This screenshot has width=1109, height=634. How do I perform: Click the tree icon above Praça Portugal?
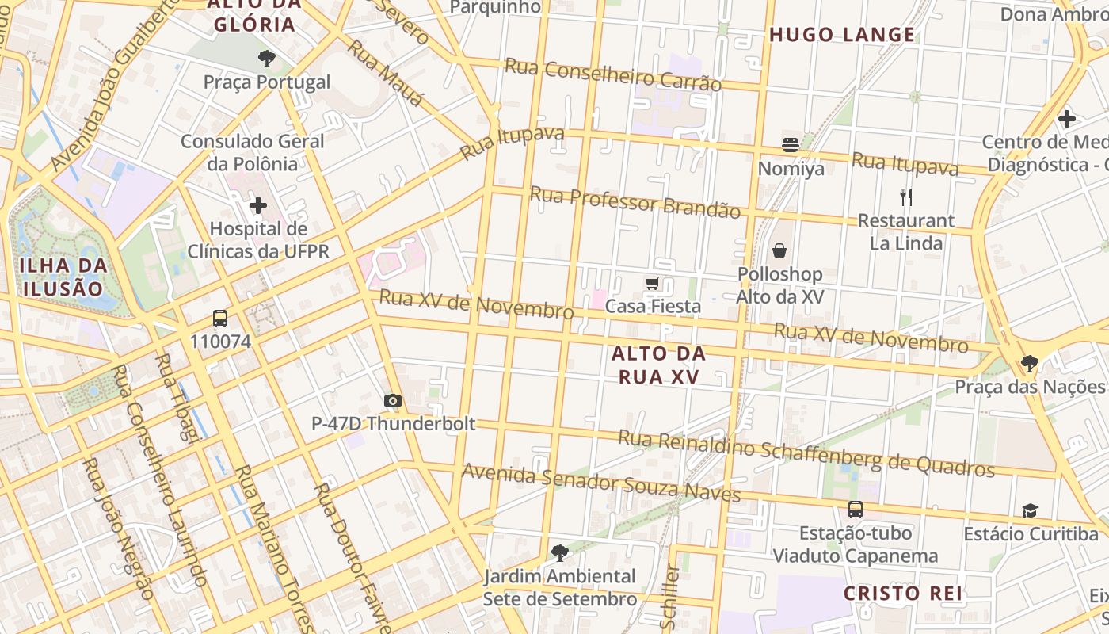tap(266, 58)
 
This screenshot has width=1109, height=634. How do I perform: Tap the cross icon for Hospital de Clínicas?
tap(257, 206)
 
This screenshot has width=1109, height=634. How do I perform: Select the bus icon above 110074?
tap(220, 319)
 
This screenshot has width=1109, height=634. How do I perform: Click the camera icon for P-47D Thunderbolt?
tap(393, 401)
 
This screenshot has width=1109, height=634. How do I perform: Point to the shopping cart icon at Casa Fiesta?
tap(652, 284)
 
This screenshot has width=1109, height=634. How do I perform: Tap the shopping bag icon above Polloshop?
tap(779, 251)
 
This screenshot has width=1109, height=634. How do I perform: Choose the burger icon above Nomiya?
tap(791, 145)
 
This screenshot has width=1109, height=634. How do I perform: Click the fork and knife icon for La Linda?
tap(906, 197)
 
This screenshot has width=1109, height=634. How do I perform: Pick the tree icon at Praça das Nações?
tap(1029, 364)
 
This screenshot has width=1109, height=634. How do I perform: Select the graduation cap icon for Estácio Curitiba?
tap(1030, 510)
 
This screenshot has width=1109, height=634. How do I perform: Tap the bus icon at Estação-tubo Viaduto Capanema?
tap(856, 510)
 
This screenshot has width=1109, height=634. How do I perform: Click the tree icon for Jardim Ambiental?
tap(560, 552)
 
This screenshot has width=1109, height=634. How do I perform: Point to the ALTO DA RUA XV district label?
tap(658, 365)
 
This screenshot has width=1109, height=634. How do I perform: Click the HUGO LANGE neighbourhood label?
tap(842, 35)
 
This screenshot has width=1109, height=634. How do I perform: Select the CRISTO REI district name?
tap(902, 593)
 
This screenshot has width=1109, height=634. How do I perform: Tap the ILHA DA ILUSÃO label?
tap(63, 277)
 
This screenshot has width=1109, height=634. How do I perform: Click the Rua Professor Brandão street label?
tap(635, 202)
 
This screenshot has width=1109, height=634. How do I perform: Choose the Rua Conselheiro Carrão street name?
tap(613, 74)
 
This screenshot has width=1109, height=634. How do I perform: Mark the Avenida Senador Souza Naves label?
tap(601, 483)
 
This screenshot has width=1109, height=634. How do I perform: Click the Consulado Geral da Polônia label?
tap(253, 153)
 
